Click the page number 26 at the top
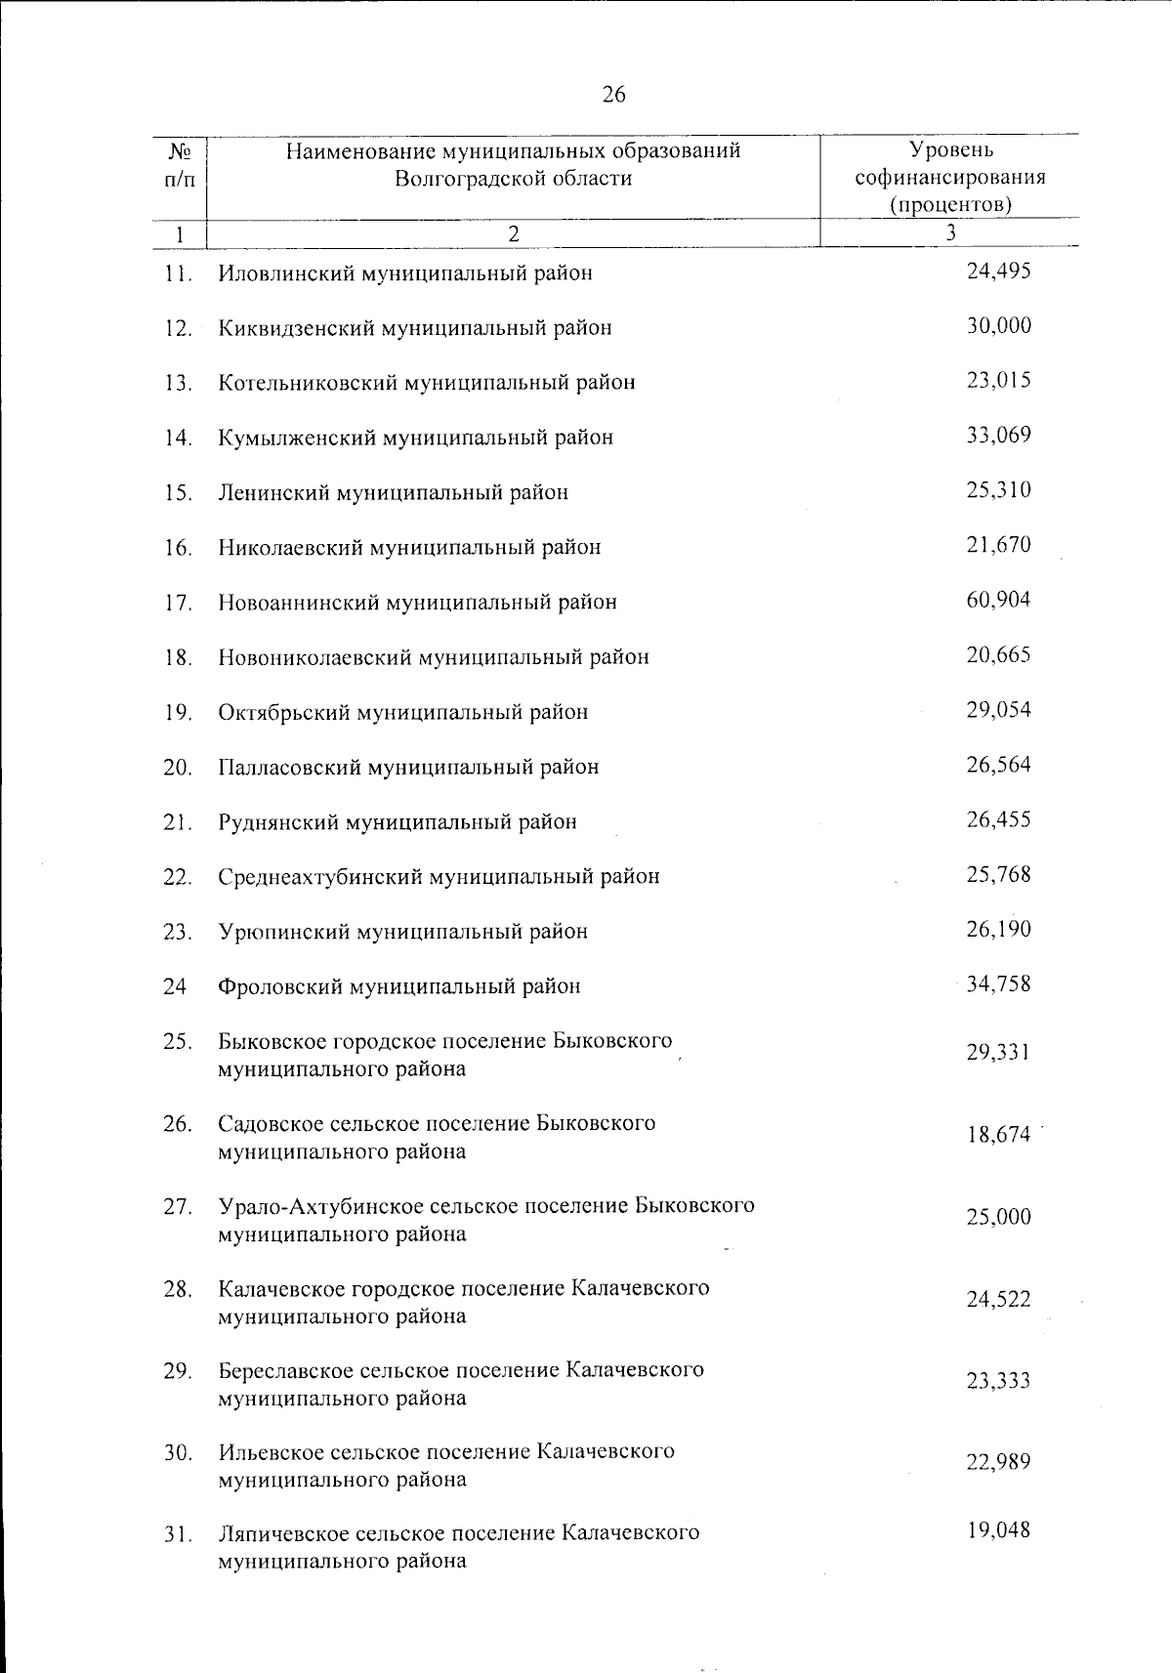[614, 95]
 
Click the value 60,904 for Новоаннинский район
[998, 600]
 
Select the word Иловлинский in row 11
[288, 273]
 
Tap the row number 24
[175, 986]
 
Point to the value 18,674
[998, 1135]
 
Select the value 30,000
[998, 326]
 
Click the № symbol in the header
[179, 152]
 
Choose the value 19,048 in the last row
[998, 1530]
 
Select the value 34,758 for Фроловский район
[998, 983]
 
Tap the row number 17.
[177, 603]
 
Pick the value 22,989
[998, 1462]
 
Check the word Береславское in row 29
[286, 1370]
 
